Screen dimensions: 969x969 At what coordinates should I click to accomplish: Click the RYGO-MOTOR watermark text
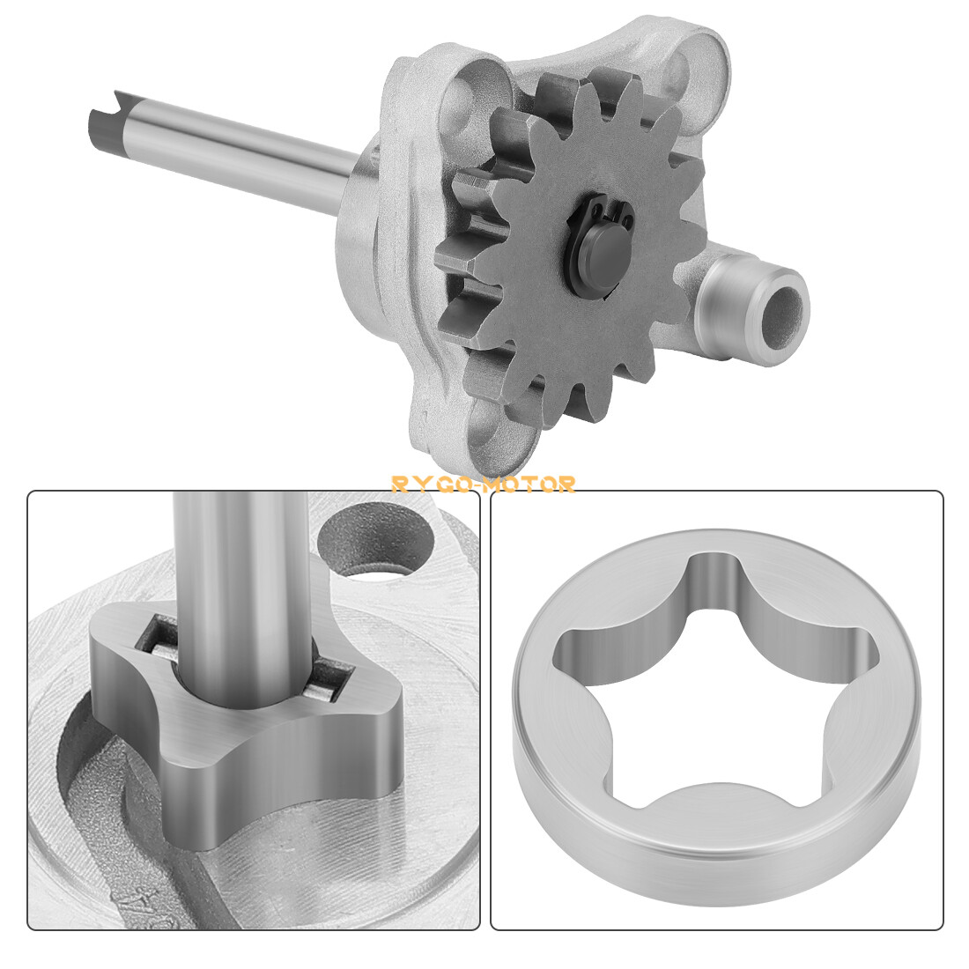484,484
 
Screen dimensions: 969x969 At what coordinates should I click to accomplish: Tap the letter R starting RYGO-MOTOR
399,484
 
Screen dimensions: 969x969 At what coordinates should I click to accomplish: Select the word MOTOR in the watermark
536,484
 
